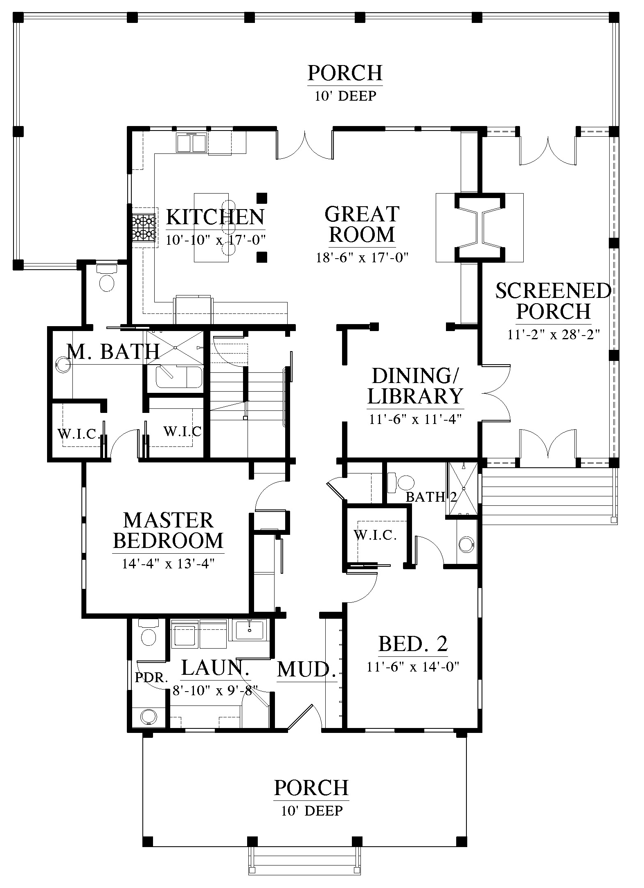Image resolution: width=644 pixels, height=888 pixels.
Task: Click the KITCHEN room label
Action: click(x=215, y=217)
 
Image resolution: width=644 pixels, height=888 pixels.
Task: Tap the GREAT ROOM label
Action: click(x=362, y=224)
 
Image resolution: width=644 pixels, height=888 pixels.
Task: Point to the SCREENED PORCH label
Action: click(x=554, y=301)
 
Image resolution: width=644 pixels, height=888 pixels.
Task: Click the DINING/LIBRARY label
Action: click(x=415, y=386)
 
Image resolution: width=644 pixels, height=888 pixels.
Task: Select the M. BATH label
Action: click(x=113, y=352)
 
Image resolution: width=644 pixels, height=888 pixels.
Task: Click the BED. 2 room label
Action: click(x=413, y=655)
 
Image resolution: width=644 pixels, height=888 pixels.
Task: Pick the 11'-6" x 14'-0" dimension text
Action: click(x=413, y=678)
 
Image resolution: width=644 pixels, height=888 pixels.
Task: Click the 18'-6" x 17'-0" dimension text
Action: click(x=363, y=257)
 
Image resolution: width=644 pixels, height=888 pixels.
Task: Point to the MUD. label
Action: click(x=306, y=669)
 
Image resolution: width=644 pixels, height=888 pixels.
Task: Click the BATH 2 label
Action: click(x=431, y=497)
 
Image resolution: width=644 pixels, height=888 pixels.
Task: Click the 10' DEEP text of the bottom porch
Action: click(x=312, y=810)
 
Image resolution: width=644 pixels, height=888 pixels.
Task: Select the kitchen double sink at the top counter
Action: click(x=192, y=143)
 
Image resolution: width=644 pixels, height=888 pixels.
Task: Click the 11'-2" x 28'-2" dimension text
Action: click(x=554, y=334)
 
